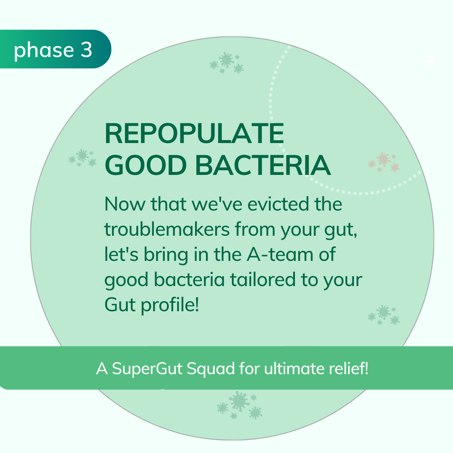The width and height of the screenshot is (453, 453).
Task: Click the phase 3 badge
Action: pos(55,49)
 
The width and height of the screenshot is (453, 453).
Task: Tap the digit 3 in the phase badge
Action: pos(86,49)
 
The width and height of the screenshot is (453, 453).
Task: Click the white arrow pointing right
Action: pos(424,61)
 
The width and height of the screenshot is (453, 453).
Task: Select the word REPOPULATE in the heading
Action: pos(194,133)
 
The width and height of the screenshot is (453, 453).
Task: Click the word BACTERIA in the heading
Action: pos(263,165)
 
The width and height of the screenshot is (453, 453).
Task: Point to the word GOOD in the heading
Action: pos(146,165)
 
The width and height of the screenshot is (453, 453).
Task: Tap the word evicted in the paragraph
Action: pos(279,204)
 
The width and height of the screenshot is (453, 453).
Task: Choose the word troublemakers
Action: pos(167,229)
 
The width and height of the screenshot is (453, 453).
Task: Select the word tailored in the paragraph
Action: pos(263,280)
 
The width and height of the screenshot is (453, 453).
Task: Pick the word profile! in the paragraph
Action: pos(170,305)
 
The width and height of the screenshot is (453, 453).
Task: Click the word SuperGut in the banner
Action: pos(147,369)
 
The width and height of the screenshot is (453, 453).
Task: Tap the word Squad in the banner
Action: pos(211,369)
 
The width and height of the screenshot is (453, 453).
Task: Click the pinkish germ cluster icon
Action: pos(384,162)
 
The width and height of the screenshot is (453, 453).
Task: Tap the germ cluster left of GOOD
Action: pos(83,158)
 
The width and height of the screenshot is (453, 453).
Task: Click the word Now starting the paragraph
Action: pos(125,204)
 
